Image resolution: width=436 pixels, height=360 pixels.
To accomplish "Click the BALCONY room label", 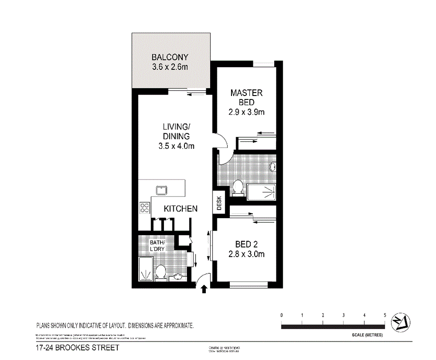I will (x=170, y=57).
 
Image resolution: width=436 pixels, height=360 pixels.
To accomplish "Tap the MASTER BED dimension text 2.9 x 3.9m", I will (x=246, y=112).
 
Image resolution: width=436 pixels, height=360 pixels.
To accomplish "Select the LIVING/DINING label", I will (x=176, y=132).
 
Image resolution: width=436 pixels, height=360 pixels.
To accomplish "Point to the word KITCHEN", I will (x=180, y=208).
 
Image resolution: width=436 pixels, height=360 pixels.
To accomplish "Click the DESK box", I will (x=219, y=204).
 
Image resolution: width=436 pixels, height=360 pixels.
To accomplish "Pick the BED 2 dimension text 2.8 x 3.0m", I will (x=247, y=254).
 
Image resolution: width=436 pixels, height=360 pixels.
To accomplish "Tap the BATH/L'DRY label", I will (x=157, y=246).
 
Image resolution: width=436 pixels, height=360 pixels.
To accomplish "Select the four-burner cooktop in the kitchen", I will (x=145, y=208).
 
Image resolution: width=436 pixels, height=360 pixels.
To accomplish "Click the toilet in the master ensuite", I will (x=238, y=188).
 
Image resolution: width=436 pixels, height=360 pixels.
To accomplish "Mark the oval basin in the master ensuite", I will (x=273, y=167).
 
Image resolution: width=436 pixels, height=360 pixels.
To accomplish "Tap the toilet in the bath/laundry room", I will (x=160, y=272).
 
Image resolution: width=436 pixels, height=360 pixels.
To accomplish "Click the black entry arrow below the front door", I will (x=204, y=290).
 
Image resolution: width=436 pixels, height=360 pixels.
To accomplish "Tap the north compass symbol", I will (x=400, y=323).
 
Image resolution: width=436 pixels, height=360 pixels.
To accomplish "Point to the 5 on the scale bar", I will (x=385, y=315).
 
